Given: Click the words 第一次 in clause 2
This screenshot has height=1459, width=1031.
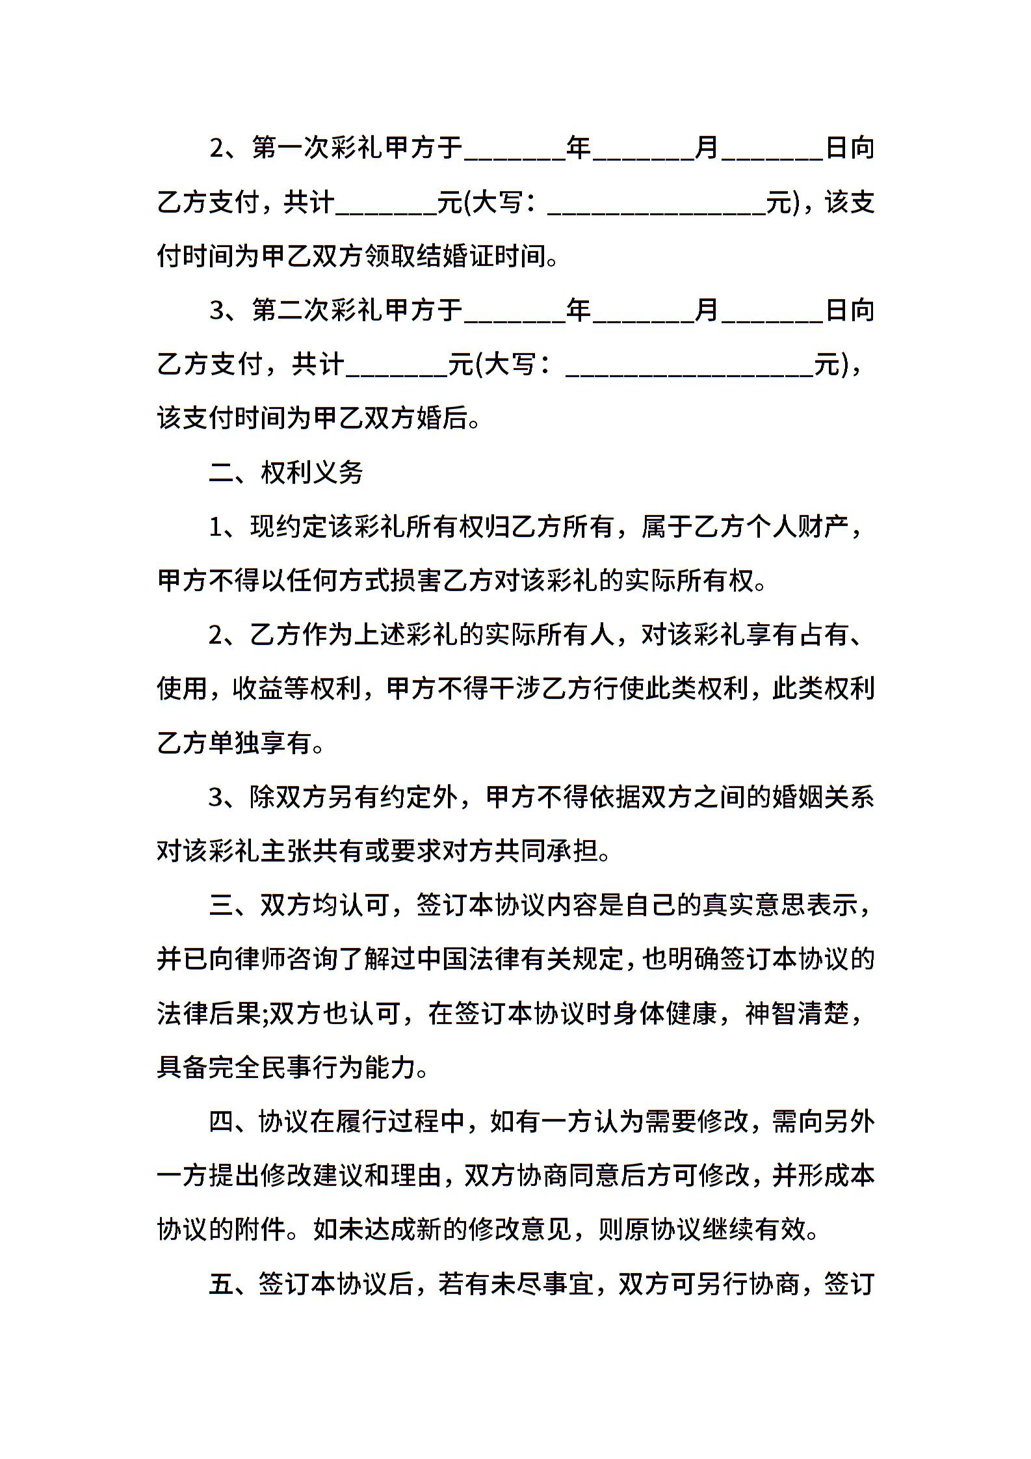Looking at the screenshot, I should pos(291,149).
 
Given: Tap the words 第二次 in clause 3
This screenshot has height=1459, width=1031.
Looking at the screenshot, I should pos(291,311).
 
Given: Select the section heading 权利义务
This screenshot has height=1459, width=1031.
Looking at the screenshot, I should pos(312,473).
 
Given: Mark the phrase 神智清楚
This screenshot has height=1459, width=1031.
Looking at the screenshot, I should pos(798,1014).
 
